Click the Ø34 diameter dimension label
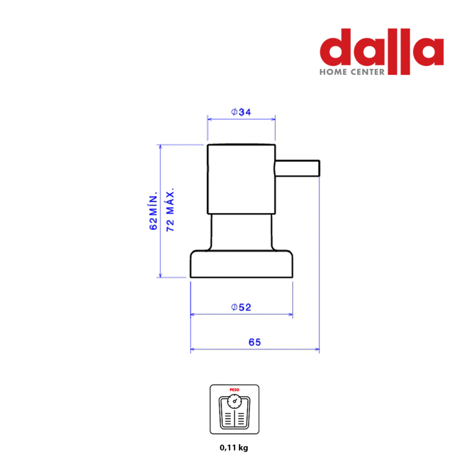(x=241, y=112)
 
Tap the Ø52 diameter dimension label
(x=241, y=307)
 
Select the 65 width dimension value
(x=255, y=342)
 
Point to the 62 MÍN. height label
(x=153, y=211)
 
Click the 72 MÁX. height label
(x=170, y=209)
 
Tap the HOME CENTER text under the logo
(x=352, y=72)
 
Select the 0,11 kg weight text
(x=234, y=448)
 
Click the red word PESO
(x=234, y=390)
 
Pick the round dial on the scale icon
(x=234, y=401)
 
